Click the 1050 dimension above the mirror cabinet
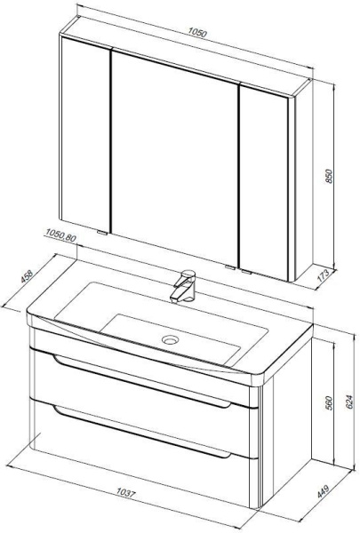coord(197,33)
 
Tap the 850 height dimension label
coord(329,176)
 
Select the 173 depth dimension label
coord(323,275)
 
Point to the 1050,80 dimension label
coord(60,235)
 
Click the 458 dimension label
coord(27,276)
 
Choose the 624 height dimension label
coord(349,402)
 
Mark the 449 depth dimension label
coord(323,491)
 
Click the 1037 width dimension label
coord(126,492)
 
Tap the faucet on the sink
coord(184,286)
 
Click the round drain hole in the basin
coord(170,339)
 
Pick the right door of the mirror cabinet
coord(264,182)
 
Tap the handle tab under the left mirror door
coord(101,233)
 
